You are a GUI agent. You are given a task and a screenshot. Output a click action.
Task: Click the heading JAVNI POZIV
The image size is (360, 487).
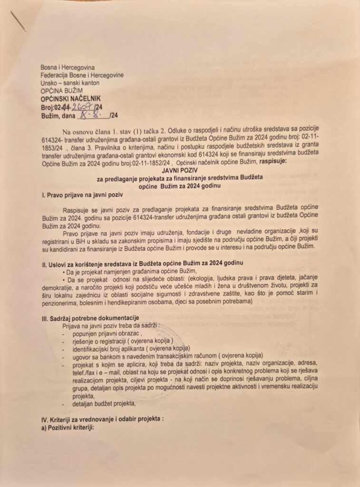click(x=179, y=169)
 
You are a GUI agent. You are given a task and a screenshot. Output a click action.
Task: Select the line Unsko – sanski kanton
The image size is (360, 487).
click(x=70, y=83)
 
